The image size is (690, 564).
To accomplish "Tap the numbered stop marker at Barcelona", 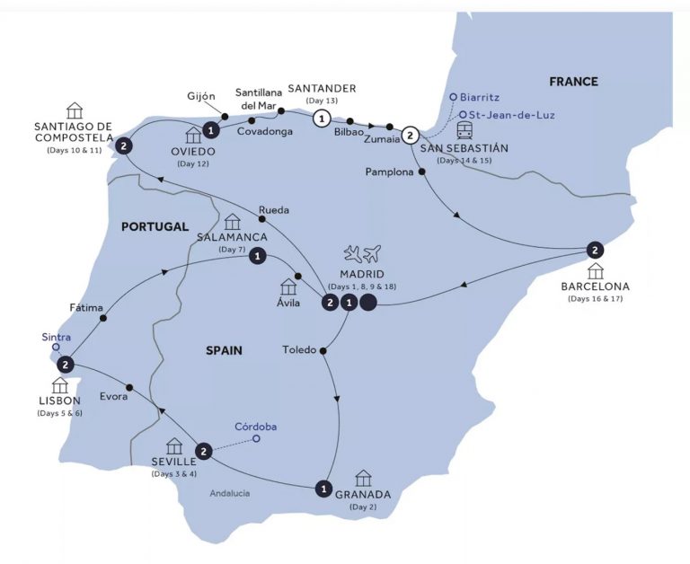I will point(593,250).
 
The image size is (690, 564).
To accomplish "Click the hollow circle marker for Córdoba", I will point(257,439).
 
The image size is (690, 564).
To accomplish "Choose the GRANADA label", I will point(363,494).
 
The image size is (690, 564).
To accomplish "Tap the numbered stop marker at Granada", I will point(323,489).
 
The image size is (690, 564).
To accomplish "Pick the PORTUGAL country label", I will point(155,227).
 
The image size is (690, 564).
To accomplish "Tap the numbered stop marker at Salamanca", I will point(258,257).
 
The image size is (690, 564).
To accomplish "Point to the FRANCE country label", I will point(573,82).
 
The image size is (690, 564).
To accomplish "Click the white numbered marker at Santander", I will point(320,119).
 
